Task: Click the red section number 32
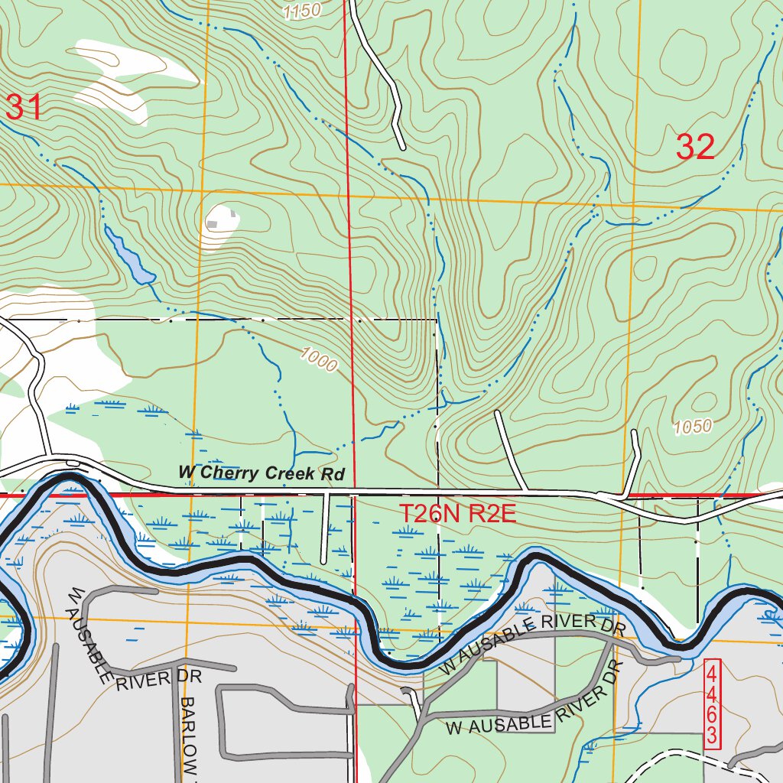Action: pyautogui.click(x=695, y=147)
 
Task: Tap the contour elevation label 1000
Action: pyautogui.click(x=318, y=359)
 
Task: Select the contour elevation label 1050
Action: pyautogui.click(x=693, y=427)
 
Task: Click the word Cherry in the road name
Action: pyautogui.click(x=229, y=473)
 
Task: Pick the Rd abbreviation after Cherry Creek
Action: pyautogui.click(x=333, y=474)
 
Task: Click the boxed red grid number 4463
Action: pyautogui.click(x=712, y=705)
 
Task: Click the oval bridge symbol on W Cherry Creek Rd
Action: pyautogui.click(x=73, y=463)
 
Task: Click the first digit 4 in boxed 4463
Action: pyautogui.click(x=712, y=674)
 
